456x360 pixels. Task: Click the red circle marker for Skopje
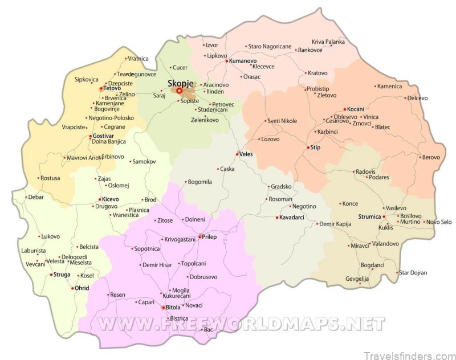tap(178, 91)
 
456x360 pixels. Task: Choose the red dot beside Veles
tap(237, 154)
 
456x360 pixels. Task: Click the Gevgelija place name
tap(357, 279)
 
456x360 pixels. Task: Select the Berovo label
tap(430, 157)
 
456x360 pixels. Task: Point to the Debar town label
tap(36, 197)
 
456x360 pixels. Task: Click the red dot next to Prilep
tap(199, 236)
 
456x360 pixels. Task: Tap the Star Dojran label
tap(413, 273)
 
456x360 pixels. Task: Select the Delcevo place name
tap(417, 98)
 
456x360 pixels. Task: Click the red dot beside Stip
tap(308, 148)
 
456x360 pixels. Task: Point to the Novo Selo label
tap(439, 222)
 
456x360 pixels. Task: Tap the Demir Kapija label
tap(336, 224)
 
